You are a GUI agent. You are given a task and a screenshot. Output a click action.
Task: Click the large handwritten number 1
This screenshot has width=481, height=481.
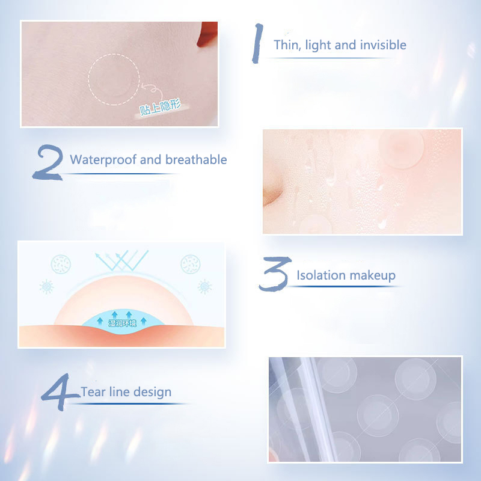[x=257, y=43]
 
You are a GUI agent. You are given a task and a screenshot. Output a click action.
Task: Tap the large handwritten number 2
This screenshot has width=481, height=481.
[x=49, y=162]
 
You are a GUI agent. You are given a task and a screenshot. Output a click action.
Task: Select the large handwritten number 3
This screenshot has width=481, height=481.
[x=275, y=274]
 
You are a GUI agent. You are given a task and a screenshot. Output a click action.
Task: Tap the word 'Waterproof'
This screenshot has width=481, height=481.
[x=103, y=160]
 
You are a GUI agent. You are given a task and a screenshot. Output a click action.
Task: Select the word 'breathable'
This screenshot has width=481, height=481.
[x=196, y=159]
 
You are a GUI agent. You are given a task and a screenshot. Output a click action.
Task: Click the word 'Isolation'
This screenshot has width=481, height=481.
[x=320, y=275]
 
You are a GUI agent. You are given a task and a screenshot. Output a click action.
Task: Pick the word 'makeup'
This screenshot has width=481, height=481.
[x=372, y=276]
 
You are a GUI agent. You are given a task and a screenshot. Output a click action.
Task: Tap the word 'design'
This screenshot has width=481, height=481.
[x=152, y=393]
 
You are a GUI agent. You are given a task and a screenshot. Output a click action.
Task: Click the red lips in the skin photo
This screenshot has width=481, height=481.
[x=207, y=34]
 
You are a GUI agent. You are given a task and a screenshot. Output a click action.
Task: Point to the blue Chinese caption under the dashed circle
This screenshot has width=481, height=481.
[x=160, y=107]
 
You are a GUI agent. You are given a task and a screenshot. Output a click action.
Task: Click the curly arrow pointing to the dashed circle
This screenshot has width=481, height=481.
[x=151, y=89]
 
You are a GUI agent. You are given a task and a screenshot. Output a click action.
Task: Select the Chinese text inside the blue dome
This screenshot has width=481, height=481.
[x=123, y=323]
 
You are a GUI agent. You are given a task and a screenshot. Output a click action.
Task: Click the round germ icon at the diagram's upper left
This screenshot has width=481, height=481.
[x=61, y=264]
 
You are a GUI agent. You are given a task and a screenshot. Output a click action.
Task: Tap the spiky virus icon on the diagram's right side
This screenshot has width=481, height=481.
[x=204, y=287]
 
